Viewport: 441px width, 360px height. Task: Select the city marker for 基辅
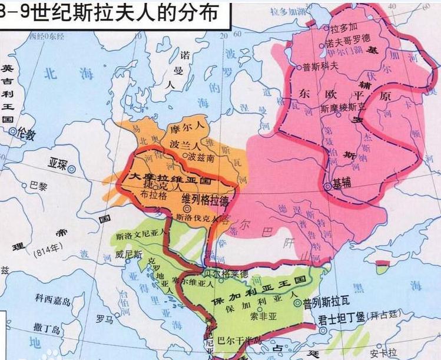pos(327,186)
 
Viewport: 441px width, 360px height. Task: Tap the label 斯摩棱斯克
pos(342,108)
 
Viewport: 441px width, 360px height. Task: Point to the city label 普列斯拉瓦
pos(329,304)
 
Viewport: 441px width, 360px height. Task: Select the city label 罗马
pos(105,319)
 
